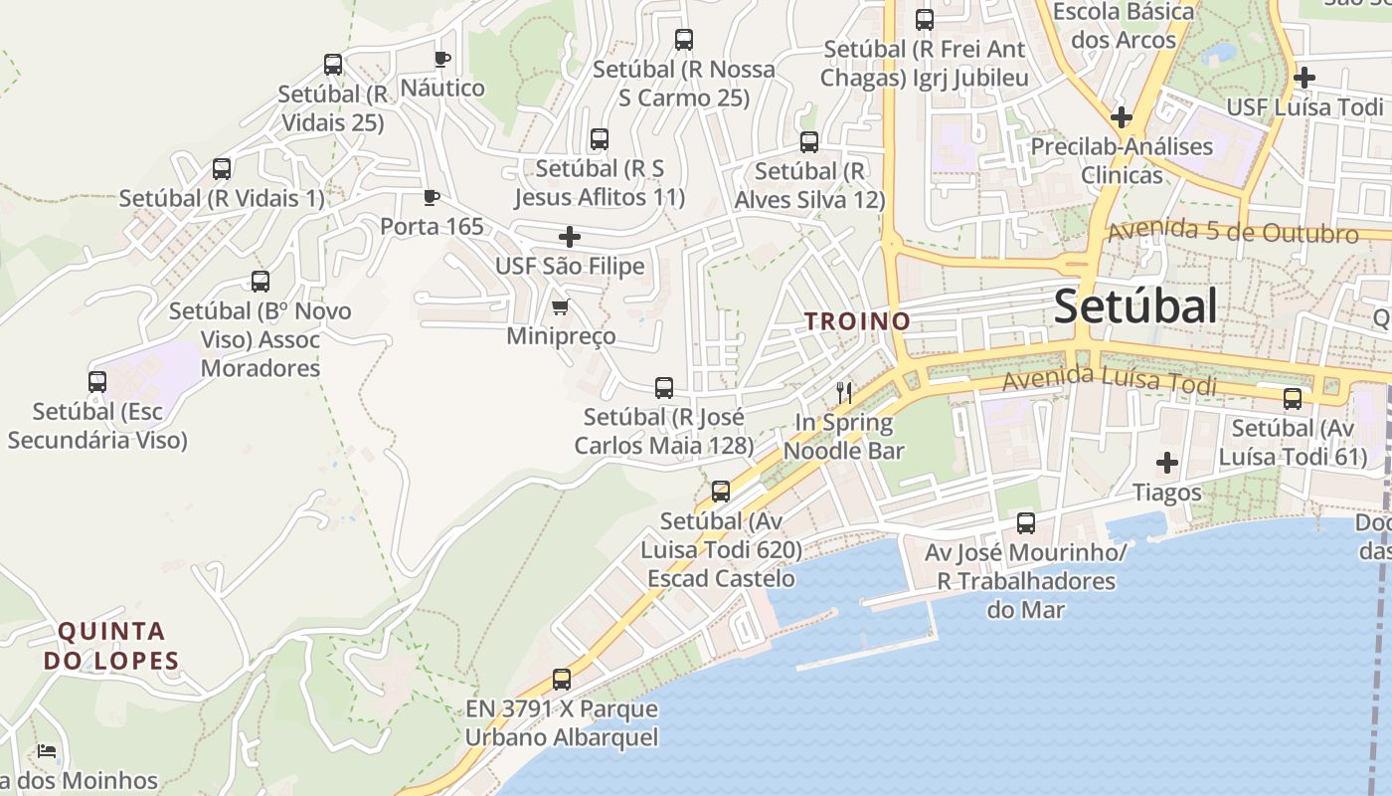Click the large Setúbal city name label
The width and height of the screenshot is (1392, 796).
pos(1134,306)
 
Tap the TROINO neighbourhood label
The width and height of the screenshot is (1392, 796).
pos(857,321)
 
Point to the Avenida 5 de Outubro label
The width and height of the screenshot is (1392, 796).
pos(1232,232)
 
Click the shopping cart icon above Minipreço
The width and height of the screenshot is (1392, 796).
pos(561,307)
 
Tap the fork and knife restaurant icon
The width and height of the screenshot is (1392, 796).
pos(844,392)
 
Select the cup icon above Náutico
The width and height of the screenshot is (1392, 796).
pos(442,60)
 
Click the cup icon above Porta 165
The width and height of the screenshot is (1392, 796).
pos(432,197)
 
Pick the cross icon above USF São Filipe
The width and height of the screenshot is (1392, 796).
pos(570,237)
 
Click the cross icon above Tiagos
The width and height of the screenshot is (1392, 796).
pos(1167,463)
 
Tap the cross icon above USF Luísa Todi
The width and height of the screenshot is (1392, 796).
pos(1305,78)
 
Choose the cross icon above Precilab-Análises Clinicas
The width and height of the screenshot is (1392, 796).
pos(1122,117)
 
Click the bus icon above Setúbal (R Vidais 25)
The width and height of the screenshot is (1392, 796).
pos(333,65)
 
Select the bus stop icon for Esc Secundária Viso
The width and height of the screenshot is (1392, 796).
pos(97,382)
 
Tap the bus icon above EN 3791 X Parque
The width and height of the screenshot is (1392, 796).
pos(562,680)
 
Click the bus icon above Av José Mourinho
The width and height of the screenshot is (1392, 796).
pos(1026,523)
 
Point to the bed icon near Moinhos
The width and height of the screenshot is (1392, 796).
pos(46,751)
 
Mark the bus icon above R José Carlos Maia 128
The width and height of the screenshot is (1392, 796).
pos(664,388)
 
